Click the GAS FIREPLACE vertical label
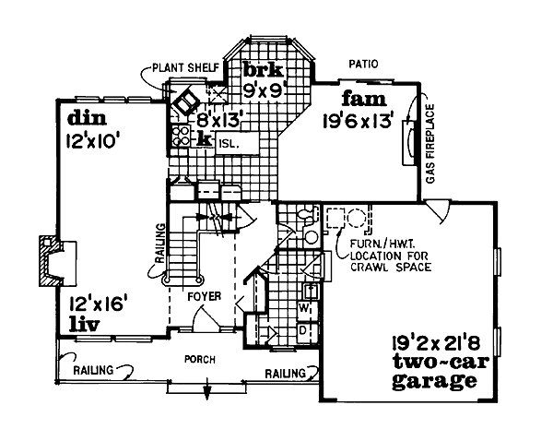429,142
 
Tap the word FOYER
203,298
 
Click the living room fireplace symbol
53,260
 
